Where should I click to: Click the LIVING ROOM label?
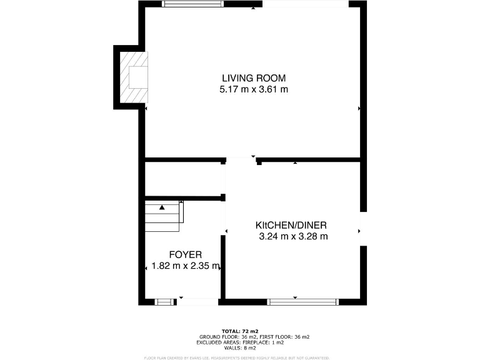[x=253, y=78]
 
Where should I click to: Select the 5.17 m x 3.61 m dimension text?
[x=253, y=89]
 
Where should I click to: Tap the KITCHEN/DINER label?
[x=291, y=225]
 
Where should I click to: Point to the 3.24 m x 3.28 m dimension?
[x=293, y=236]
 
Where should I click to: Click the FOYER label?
[x=185, y=254]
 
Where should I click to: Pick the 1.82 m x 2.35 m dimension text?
[x=186, y=266]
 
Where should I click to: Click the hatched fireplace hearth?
[x=134, y=76]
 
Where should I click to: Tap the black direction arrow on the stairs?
[x=162, y=207]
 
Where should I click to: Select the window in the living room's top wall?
[x=192, y=4]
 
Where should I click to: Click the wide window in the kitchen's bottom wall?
[x=302, y=302]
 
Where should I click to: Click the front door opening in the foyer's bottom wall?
[x=198, y=302]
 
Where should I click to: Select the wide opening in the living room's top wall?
[x=305, y=4]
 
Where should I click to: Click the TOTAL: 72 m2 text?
[x=240, y=331]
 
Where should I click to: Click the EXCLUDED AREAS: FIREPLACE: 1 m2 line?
[x=240, y=342]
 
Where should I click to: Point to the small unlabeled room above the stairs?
[x=184, y=179]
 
